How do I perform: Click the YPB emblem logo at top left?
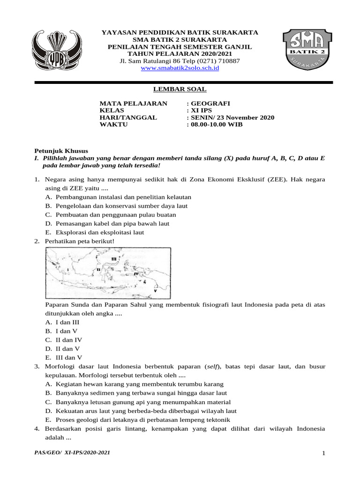click(56, 49)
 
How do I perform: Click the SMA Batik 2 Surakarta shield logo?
click(307, 49)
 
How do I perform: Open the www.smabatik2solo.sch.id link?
click(180, 68)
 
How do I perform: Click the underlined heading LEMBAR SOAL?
click(180, 89)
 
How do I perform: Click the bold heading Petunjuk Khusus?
click(61, 151)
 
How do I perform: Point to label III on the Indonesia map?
click(113, 259)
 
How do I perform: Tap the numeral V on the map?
click(155, 291)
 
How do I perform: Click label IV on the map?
click(136, 273)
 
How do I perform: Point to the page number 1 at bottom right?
click(323, 453)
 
